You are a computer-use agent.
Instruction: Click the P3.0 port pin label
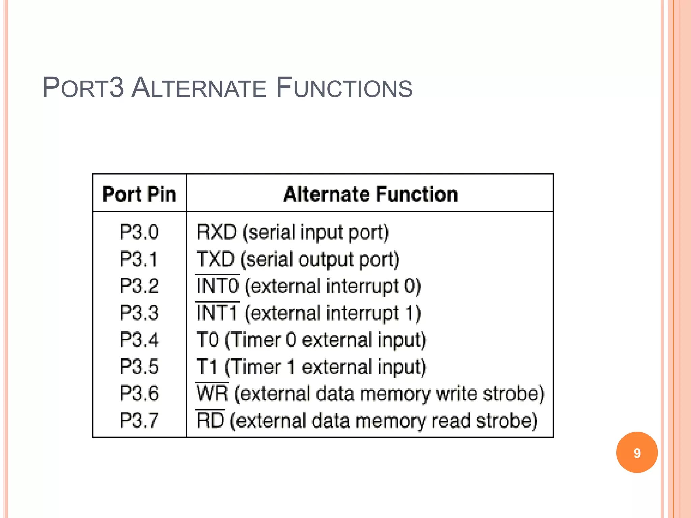point(139,232)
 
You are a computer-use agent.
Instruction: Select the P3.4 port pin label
point(139,340)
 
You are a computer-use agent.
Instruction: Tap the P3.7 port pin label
point(139,421)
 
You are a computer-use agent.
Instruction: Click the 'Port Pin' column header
point(139,195)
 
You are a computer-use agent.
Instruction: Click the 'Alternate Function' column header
point(370,195)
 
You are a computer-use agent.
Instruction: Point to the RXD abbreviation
point(217,232)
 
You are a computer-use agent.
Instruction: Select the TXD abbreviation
point(216,259)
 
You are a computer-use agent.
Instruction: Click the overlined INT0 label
point(218,286)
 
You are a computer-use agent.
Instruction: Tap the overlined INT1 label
point(217,313)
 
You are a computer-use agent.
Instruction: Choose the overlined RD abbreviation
point(211,421)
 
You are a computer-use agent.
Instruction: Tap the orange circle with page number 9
point(637,453)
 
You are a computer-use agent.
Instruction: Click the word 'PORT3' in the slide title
point(83,88)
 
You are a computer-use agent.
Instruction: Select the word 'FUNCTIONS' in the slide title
point(344,88)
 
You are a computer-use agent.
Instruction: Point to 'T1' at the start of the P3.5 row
point(207,367)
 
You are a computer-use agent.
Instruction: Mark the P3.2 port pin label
point(139,286)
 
